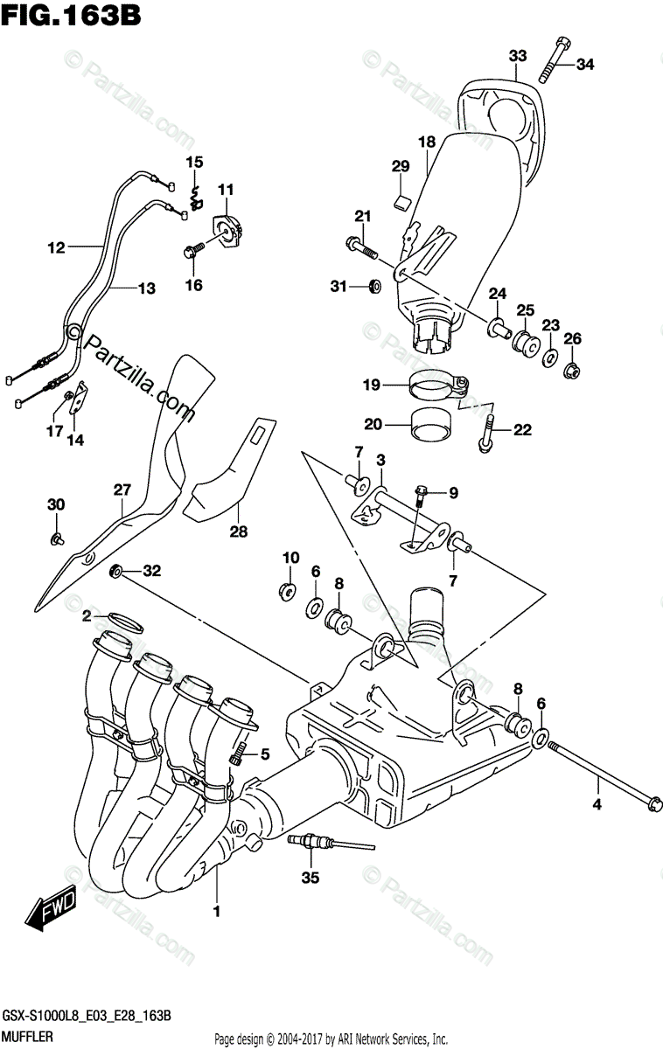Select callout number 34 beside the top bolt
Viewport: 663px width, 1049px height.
click(x=584, y=63)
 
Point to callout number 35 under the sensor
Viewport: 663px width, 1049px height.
click(x=308, y=877)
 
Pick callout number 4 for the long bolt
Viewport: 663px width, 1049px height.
click(x=598, y=804)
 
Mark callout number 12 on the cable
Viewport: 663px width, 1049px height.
click(x=57, y=248)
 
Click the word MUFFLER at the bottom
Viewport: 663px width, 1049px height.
click(x=28, y=1036)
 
